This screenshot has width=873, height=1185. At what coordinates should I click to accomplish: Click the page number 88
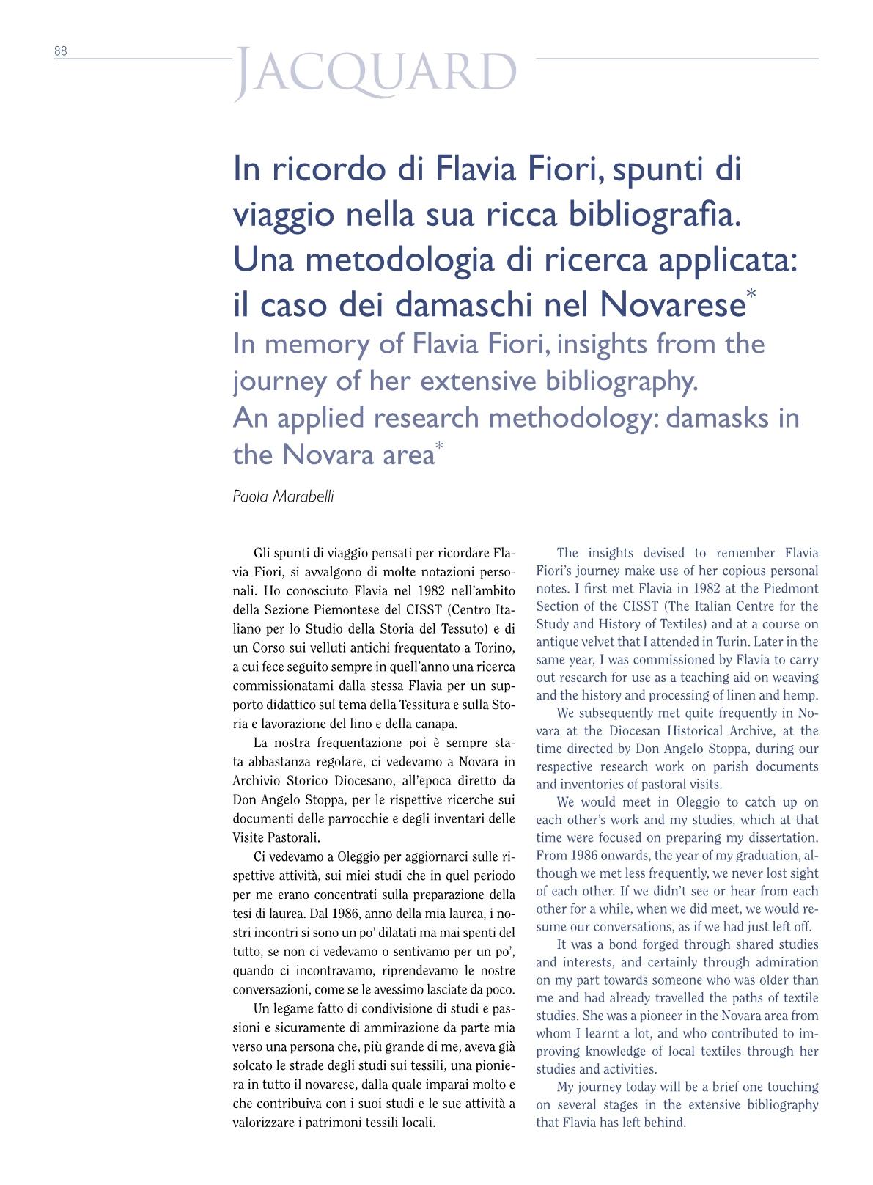click(60, 51)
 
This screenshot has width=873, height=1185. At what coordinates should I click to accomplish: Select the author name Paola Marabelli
click(283, 496)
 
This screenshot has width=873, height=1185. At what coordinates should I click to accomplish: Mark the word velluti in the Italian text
click(326, 648)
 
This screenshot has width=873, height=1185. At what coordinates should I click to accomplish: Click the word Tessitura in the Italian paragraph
click(421, 705)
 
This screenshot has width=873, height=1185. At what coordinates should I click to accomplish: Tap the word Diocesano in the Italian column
click(342, 780)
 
